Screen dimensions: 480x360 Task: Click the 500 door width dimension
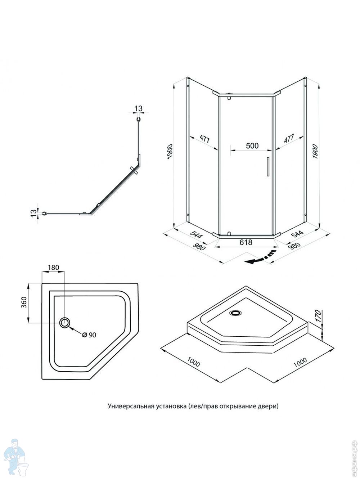[x=252, y=145]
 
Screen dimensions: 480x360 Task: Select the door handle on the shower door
[x=267, y=167]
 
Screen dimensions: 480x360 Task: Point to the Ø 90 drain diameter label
[x=89, y=335]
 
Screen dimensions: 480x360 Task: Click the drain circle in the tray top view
[x=65, y=323]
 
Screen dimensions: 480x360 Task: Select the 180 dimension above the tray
[x=53, y=268]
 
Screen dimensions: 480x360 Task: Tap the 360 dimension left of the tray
[x=24, y=303]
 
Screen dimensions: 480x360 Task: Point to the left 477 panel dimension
[x=204, y=140]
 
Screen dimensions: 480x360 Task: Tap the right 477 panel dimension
[x=289, y=139]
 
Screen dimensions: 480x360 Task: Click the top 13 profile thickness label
[x=138, y=108]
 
